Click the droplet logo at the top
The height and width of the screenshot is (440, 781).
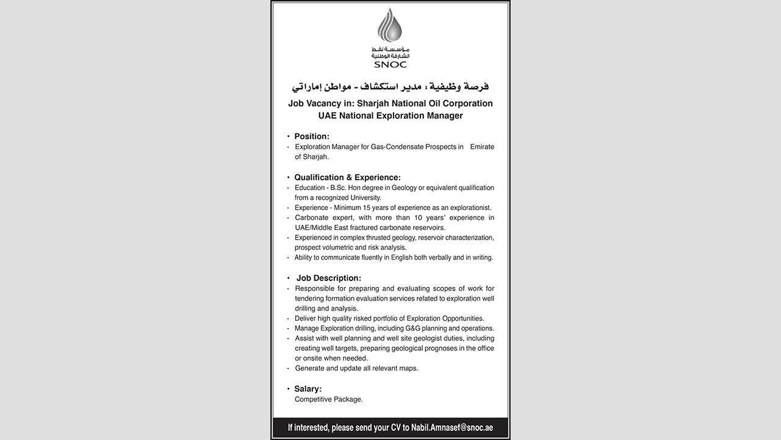click(390, 25)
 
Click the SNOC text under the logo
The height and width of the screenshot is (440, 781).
click(390, 64)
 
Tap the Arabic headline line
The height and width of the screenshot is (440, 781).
click(390, 86)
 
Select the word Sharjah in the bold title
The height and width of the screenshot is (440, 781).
click(374, 103)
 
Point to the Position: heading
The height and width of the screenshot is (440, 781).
click(312, 136)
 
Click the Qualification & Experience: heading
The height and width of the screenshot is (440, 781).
click(347, 177)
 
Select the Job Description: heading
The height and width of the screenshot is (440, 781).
click(329, 278)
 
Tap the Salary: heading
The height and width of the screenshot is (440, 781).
click(308, 389)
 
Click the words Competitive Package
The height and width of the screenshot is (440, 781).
click(329, 400)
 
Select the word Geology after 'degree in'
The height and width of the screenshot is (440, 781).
click(404, 188)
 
